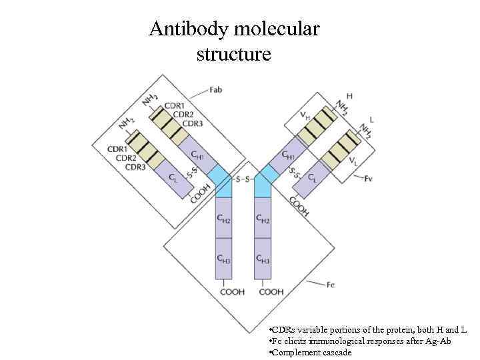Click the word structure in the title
(x=233, y=54)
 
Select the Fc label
(x=331, y=285)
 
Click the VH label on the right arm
(x=304, y=115)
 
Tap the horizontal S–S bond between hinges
(x=243, y=179)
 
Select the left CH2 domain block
(x=223, y=219)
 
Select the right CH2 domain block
(x=263, y=219)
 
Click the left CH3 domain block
(x=223, y=259)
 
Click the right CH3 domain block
(x=263, y=259)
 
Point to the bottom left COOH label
(x=232, y=292)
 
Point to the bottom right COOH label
(x=271, y=292)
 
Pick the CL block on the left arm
(x=173, y=179)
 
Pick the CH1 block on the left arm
(x=197, y=154)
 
